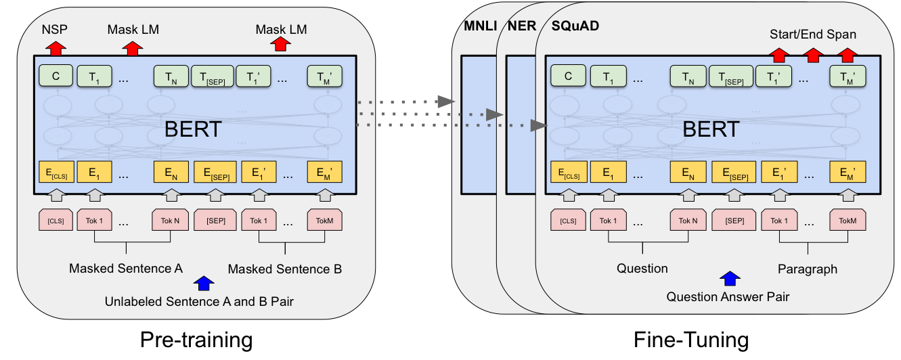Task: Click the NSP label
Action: point(55,29)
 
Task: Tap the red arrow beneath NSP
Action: point(56,48)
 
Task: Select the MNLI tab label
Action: point(480,26)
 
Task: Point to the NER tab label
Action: point(522,26)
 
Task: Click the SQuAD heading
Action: point(575,26)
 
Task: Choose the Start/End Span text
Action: point(813,35)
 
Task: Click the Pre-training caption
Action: point(196,340)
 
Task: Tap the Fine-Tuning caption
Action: point(691,340)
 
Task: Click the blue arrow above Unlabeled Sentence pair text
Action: point(204,283)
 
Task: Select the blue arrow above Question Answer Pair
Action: point(730,278)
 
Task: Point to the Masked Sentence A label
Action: point(126,268)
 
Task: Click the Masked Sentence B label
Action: point(285,269)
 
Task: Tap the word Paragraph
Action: point(808,269)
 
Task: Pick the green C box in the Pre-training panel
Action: point(56,76)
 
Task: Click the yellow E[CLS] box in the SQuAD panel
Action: point(569,172)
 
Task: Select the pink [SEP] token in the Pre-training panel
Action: point(215,220)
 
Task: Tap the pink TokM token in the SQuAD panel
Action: point(848,220)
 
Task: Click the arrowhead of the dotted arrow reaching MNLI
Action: point(447,102)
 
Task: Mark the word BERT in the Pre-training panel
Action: point(193,129)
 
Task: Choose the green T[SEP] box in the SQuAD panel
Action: point(731,76)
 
